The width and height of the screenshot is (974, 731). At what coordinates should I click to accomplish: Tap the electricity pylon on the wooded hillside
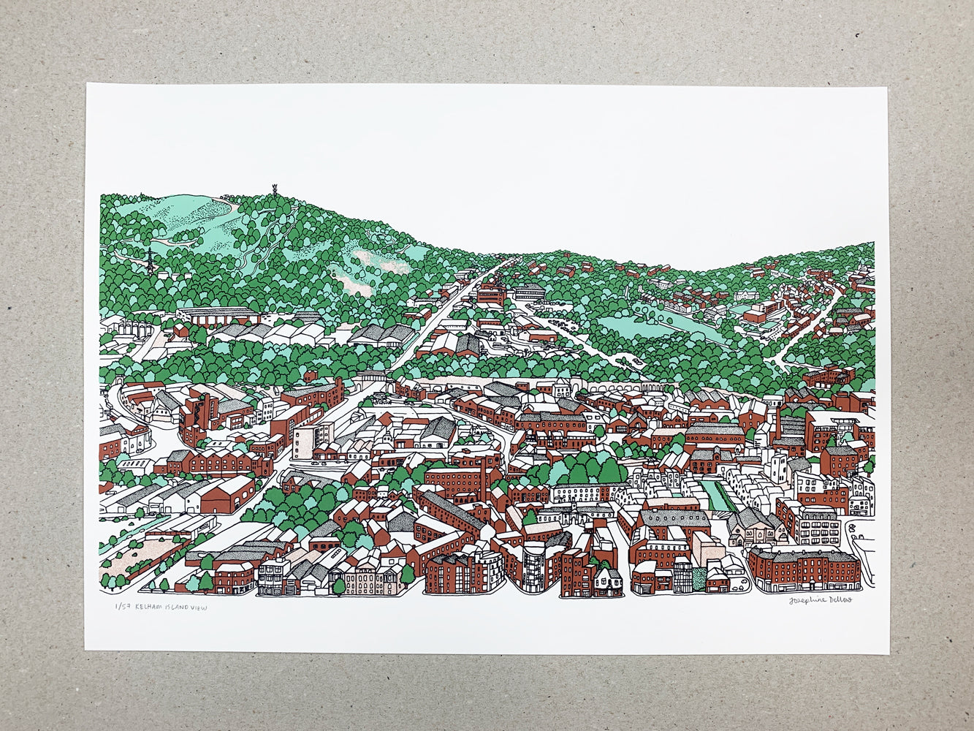tap(150, 261)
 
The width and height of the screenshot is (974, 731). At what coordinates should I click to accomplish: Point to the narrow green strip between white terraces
tap(716, 496)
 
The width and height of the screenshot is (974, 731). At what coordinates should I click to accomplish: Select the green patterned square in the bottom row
tap(699, 577)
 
